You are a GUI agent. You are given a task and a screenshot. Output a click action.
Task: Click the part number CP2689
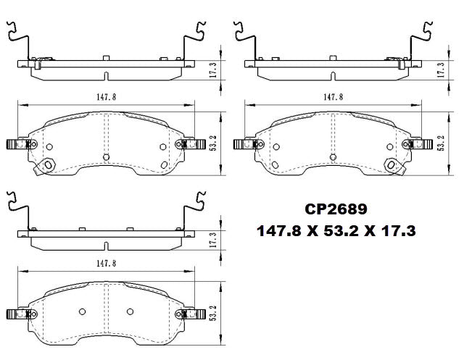(x=336, y=209)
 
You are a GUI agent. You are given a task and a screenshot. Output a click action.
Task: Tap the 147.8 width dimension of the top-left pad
(x=106, y=96)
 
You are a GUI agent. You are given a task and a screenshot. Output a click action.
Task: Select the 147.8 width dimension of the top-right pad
(x=333, y=96)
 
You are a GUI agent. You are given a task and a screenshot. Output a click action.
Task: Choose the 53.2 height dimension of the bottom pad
(x=213, y=314)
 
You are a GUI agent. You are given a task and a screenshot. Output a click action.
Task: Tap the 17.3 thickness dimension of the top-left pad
(x=213, y=70)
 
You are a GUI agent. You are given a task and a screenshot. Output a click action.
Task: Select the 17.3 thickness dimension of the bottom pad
(x=213, y=239)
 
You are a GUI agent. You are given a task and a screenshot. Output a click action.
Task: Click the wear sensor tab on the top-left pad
(x=49, y=166)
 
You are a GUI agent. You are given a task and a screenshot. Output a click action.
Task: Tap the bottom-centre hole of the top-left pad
(x=106, y=157)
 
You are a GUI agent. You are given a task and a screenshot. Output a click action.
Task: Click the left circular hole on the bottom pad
(x=81, y=312)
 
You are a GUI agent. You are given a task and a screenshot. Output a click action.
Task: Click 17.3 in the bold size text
(x=399, y=232)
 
